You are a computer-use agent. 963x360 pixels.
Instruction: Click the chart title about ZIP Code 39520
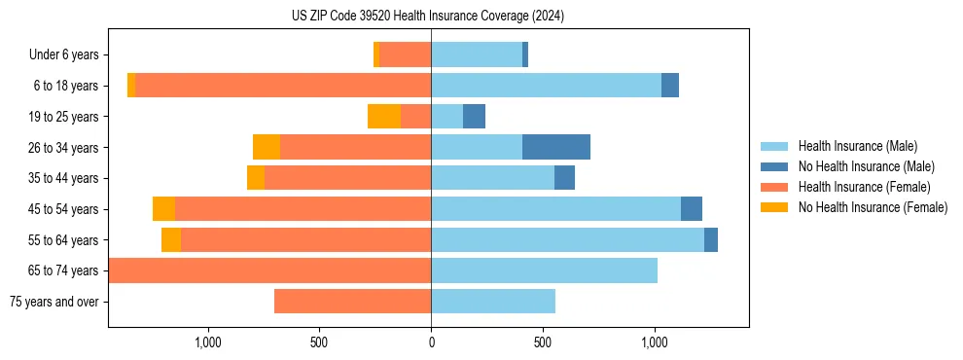pos(428,17)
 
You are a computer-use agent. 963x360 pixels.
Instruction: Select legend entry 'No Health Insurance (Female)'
pos(873,207)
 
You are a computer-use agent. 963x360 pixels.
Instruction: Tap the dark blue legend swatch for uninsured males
pos(775,166)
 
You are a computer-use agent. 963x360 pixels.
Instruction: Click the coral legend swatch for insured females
pos(775,187)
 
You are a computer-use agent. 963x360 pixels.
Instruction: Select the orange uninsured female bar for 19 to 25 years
pos(384,117)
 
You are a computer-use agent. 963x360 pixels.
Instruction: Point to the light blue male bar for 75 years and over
pos(493,302)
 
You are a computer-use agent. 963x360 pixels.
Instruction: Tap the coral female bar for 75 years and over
pos(352,302)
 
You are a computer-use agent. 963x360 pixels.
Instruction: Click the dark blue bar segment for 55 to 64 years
pos(711,239)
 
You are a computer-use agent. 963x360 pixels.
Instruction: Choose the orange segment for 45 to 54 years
pos(163,209)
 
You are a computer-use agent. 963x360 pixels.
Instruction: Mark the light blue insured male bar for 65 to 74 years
pos(544,270)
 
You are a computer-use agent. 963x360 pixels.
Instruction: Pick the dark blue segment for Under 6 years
pos(525,55)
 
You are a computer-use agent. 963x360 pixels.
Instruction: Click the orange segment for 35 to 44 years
pos(256,178)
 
